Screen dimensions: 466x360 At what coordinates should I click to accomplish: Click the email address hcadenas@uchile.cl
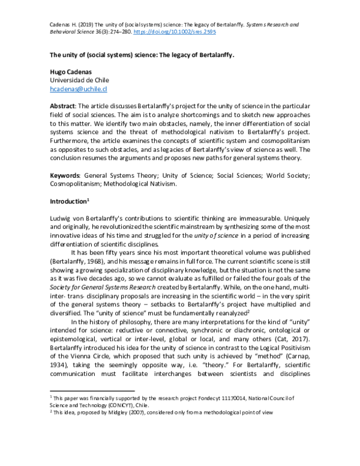tap(79, 89)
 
